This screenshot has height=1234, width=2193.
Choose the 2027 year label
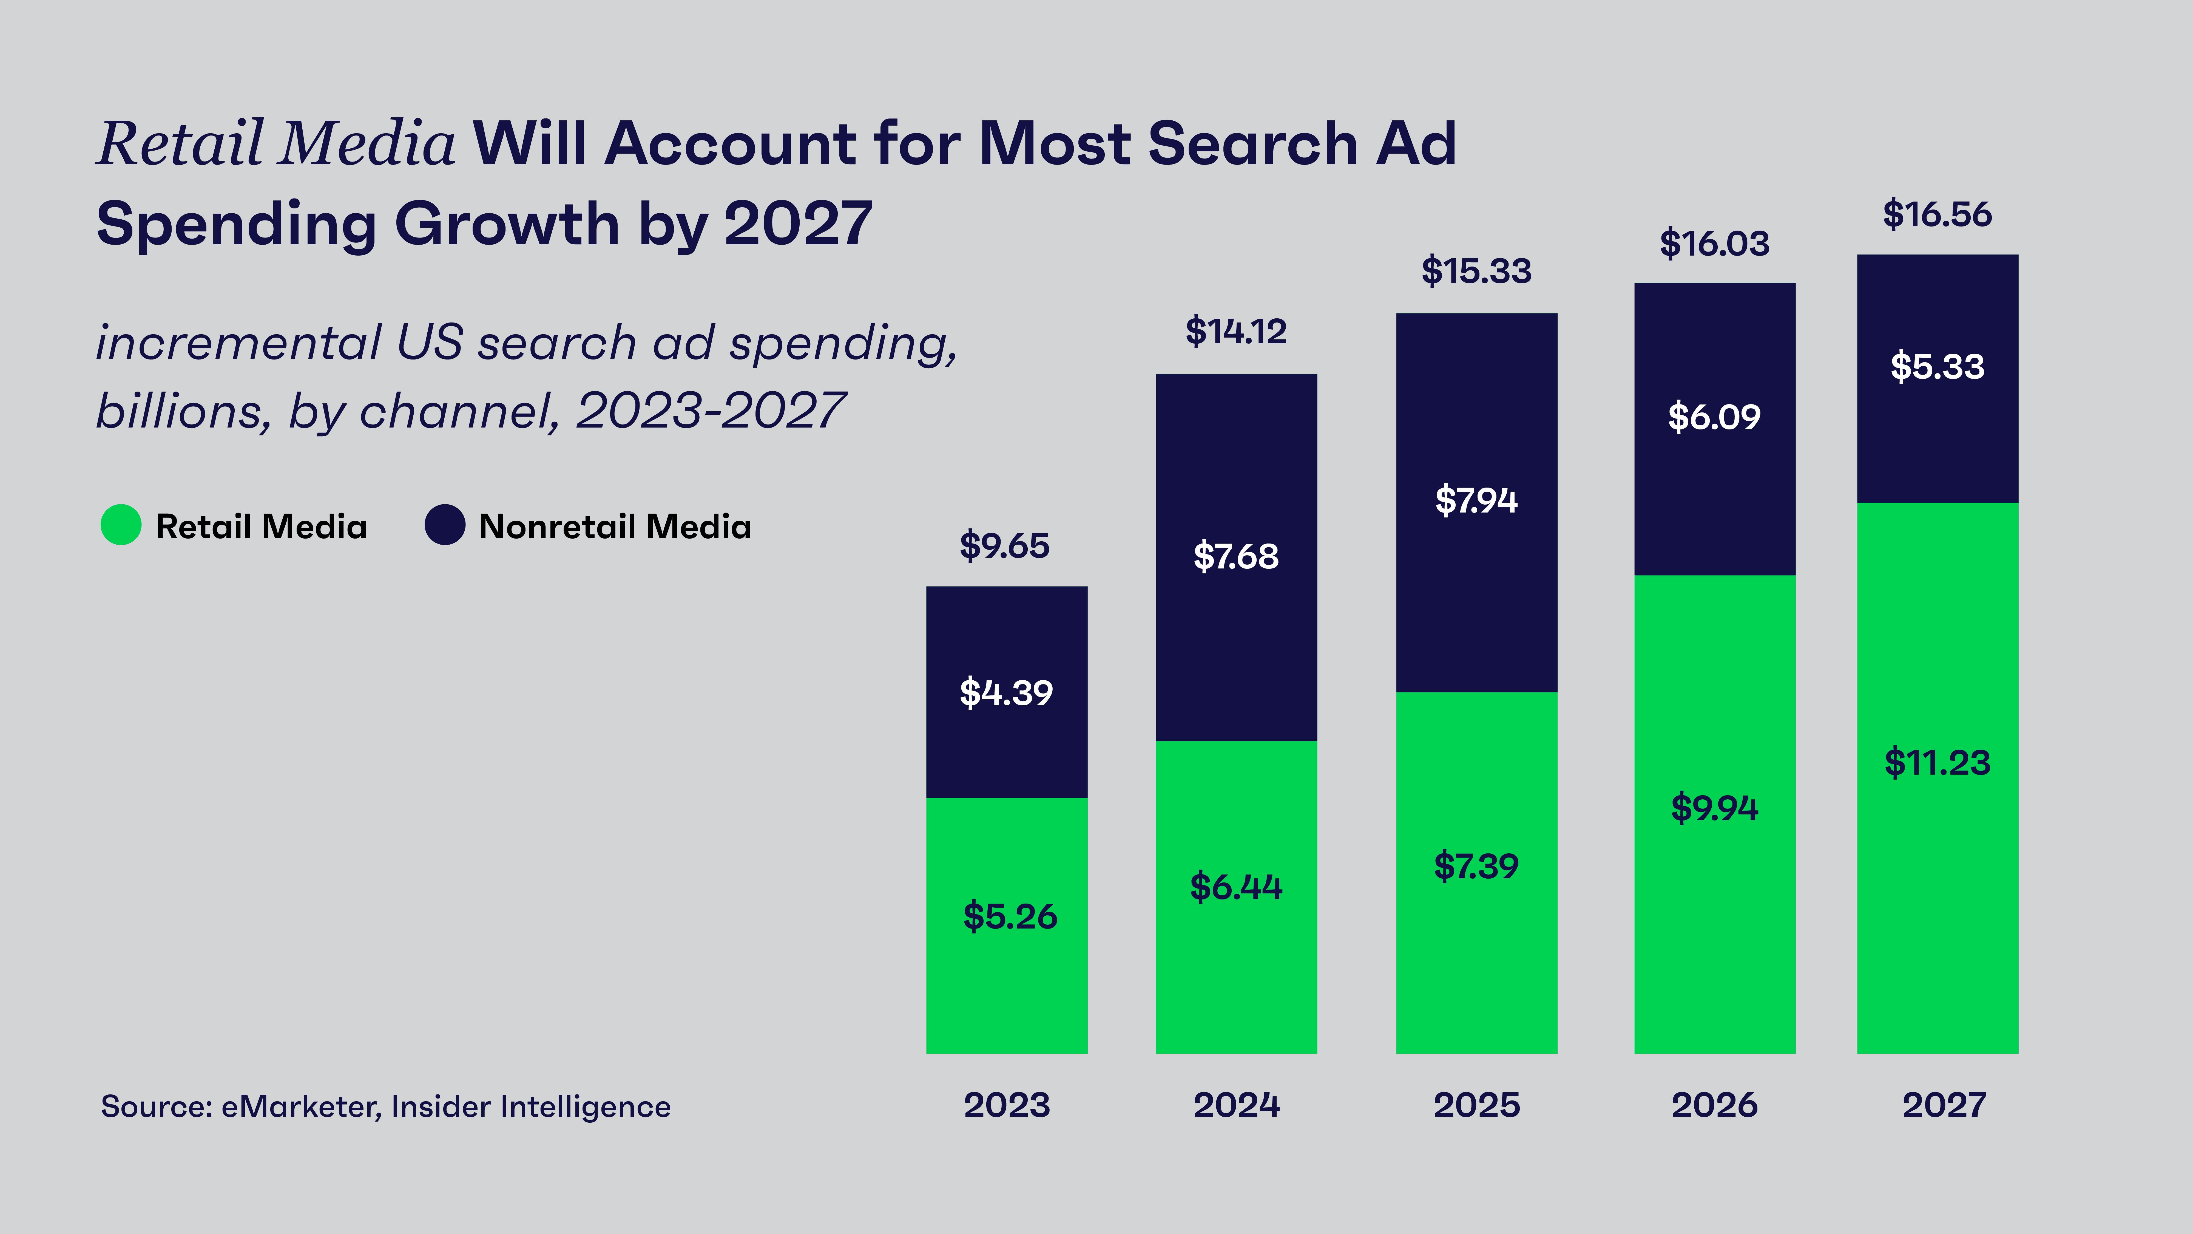click(1944, 1105)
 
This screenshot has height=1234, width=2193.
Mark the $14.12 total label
click(1236, 331)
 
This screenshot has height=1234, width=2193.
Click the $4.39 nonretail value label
click(1006, 692)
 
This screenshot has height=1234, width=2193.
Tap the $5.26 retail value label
click(1010, 916)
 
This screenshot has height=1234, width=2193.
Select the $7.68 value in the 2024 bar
click(1236, 556)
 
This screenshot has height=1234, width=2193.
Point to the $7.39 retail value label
click(1476, 866)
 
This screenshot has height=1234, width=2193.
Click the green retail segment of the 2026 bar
click(1715, 937)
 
